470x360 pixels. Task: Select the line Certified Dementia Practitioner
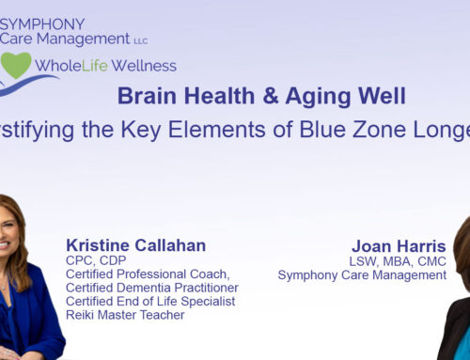pyautogui.click(x=151, y=287)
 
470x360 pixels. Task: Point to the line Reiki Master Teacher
pyautogui.click(x=126, y=315)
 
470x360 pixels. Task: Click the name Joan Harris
pyautogui.click(x=399, y=245)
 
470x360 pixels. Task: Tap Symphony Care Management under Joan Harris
pyautogui.click(x=362, y=274)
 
